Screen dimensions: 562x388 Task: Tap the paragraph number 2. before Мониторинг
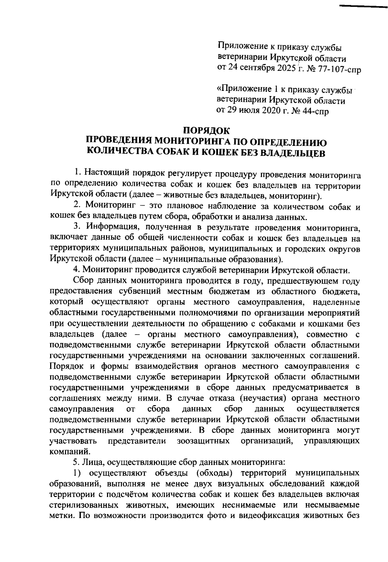[x=77, y=207]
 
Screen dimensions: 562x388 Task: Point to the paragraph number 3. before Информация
[x=77, y=228]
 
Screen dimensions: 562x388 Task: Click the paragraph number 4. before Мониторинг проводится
[x=77, y=270]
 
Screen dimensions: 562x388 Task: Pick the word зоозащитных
[x=203, y=441]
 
